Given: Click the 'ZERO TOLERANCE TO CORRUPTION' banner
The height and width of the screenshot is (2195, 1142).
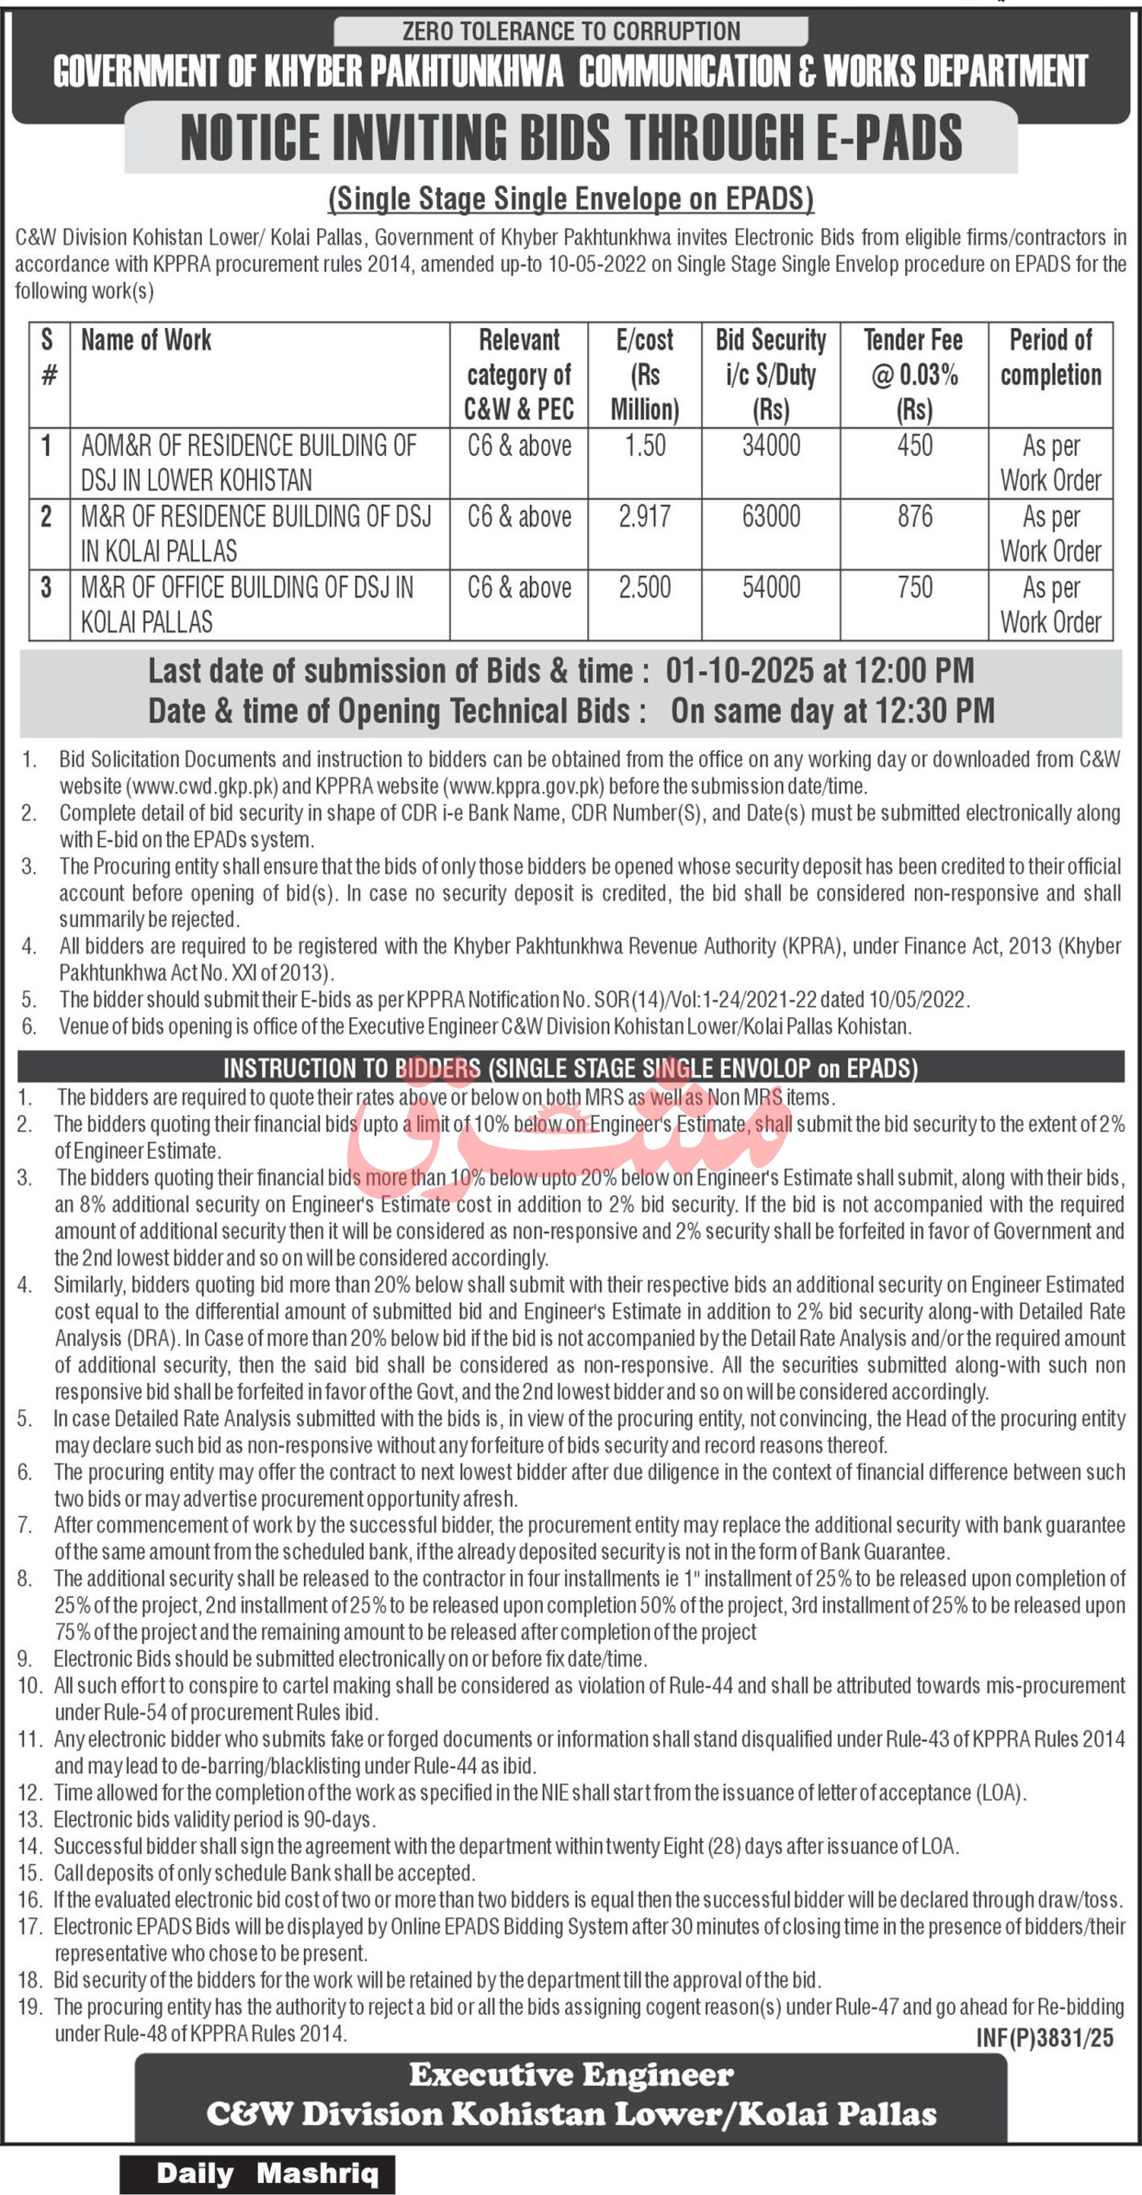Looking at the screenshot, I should coord(571,31).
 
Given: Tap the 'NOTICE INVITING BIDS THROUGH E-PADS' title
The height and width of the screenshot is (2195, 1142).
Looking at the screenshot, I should coord(571,138).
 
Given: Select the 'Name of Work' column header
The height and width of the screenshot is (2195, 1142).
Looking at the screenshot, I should coord(146,340).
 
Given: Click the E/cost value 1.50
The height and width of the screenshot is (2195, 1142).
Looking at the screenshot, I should coord(645,446).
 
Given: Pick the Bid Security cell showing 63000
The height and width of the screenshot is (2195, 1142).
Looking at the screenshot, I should coord(771,516).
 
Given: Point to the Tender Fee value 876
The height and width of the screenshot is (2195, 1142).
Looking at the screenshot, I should coord(914,516).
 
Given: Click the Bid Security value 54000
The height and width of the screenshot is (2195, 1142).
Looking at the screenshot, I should coord(771,587).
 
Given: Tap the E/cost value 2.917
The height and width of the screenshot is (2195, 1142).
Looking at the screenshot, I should coord(645,516).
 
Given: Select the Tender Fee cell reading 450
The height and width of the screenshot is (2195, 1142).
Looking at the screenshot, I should coord(914,446).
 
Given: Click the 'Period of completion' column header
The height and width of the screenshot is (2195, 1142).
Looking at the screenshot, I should coord(1050,357).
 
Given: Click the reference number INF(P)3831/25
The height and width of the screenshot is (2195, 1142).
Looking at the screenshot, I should coord(1044,2038).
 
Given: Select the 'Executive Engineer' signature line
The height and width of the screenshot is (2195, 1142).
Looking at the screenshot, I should coord(571,2076).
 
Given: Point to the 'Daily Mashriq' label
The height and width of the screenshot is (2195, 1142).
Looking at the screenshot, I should coord(266,2174).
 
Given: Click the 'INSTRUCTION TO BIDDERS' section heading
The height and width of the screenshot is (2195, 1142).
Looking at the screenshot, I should coord(351,1068).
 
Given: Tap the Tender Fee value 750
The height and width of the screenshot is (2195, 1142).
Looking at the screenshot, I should coord(914,587).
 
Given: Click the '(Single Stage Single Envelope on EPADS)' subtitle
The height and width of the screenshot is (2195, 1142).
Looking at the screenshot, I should coord(571,198).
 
